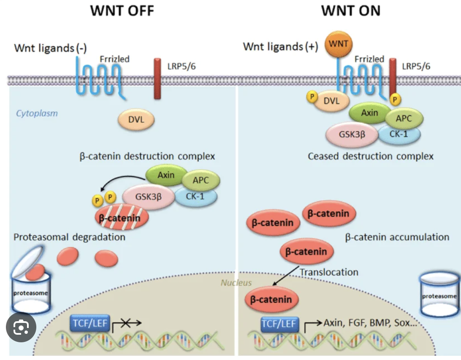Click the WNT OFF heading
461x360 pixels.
(122, 10)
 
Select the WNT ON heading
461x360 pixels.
(350, 10)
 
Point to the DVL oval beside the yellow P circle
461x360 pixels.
(332, 101)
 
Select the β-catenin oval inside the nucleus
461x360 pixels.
(271, 300)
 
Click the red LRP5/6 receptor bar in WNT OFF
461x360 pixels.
(157, 80)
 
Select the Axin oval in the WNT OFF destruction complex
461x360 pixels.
(166, 175)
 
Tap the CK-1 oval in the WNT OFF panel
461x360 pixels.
(196, 196)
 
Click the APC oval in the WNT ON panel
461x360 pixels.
(403, 118)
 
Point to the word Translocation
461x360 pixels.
(329, 272)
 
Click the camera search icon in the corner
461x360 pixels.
(21, 328)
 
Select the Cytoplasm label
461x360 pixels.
(37, 113)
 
